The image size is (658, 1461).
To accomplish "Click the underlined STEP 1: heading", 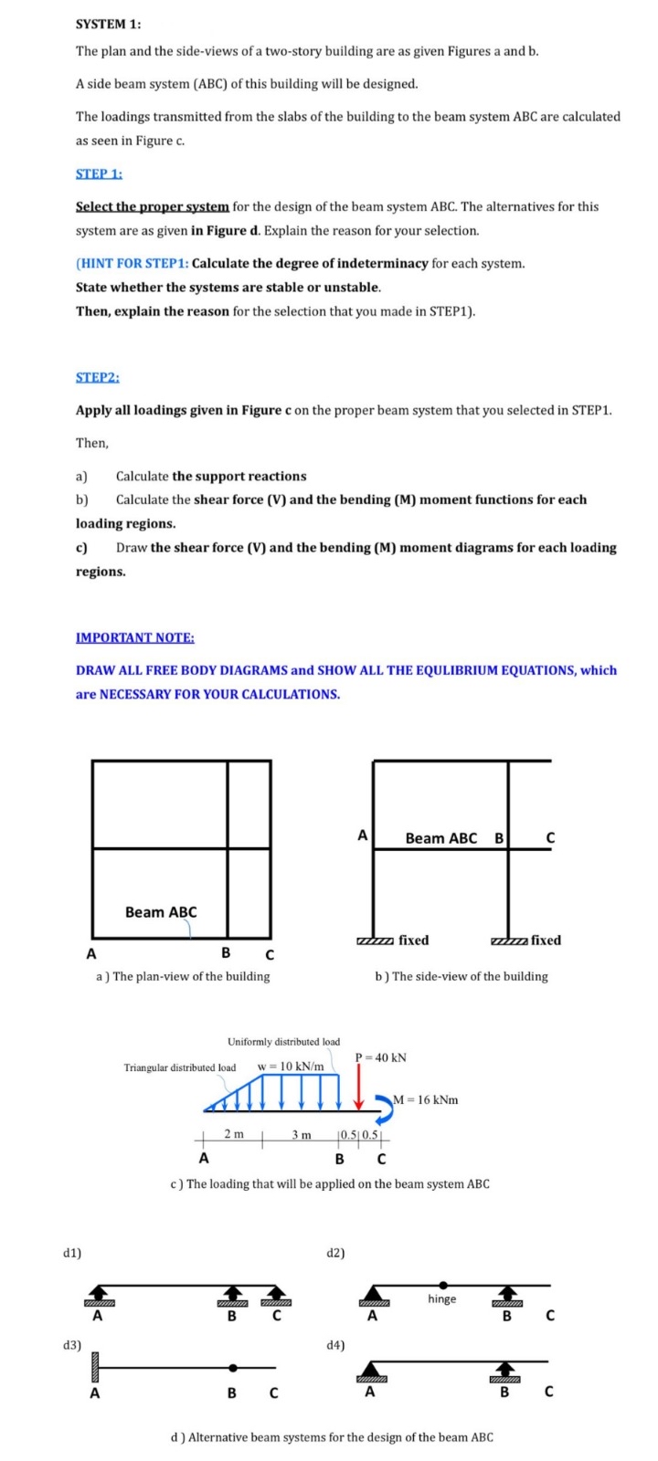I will pyautogui.click(x=99, y=173).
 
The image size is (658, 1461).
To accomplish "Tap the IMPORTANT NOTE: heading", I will pyautogui.click(x=134, y=637).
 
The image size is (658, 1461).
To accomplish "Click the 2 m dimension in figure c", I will pyautogui.click(x=234, y=1134).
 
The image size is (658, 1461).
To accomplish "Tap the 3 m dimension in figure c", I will pyautogui.click(x=302, y=1134).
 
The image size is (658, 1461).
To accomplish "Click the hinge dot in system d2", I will pyautogui.click(x=442, y=1284).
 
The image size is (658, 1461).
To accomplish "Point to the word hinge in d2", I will pyautogui.click(x=441, y=1298).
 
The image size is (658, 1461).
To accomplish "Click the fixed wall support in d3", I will pyautogui.click(x=93, y=1368).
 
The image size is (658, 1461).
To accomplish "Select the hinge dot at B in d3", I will pyautogui.click(x=233, y=1368).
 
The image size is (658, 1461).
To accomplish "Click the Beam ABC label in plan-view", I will pyautogui.click(x=161, y=911).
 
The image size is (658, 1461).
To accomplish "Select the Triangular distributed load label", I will pyautogui.click(x=180, y=1067).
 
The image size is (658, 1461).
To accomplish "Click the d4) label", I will pyautogui.click(x=335, y=1344).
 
